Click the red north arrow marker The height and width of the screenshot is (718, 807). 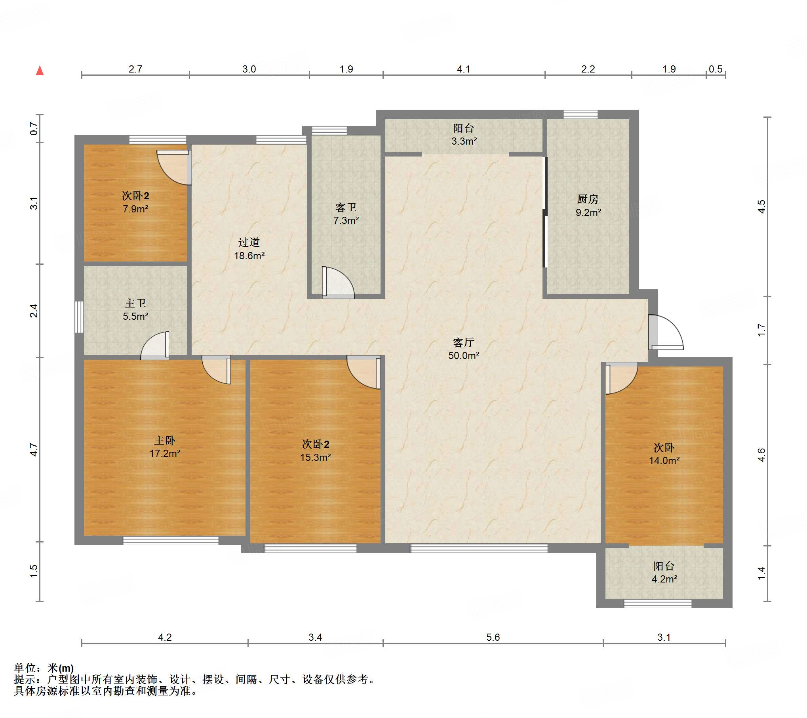coord(40,71)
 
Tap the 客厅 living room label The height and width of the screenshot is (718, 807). coord(463,342)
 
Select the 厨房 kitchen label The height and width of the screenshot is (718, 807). coord(588,199)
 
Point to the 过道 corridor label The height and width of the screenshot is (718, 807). coord(249,242)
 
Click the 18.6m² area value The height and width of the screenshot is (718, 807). coord(249,256)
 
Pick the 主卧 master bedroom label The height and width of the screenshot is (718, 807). coord(165,440)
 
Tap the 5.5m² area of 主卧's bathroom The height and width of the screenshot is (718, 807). coord(135,316)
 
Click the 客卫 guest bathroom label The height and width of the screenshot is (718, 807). coord(346,207)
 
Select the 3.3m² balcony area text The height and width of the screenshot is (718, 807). coord(464,141)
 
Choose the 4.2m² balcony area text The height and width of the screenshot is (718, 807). coord(664,579)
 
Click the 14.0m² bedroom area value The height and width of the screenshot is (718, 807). coord(664,460)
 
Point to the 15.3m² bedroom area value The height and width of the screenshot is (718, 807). coord(316,457)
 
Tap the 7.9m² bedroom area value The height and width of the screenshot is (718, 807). coord(135,209)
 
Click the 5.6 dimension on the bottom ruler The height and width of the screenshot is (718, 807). coord(493,637)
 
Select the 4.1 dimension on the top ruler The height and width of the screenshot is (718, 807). coord(463,69)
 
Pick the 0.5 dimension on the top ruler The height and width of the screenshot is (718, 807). coord(716,69)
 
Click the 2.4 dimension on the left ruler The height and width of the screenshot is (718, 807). coord(34,311)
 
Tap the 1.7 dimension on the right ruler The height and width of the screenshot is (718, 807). coord(761,330)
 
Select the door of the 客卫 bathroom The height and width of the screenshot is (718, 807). coord(338,283)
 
